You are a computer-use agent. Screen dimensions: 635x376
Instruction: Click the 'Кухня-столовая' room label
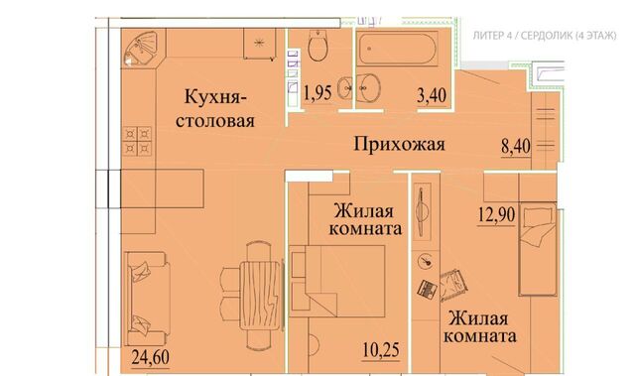[215, 108]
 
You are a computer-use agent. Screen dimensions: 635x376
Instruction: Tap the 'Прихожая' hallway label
[399, 144]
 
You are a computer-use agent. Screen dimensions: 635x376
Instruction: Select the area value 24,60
[151, 357]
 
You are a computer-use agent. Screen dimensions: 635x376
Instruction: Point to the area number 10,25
[381, 350]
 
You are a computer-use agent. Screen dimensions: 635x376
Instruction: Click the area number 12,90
[496, 214]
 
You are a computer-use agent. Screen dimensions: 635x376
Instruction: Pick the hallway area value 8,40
[516, 146]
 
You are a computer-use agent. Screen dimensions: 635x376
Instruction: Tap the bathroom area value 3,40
[432, 96]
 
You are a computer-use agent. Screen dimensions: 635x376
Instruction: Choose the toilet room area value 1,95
[317, 93]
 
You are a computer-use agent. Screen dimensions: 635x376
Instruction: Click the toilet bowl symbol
[317, 46]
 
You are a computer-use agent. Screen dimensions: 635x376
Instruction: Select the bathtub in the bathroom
[398, 49]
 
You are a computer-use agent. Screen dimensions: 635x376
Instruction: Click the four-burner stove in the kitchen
[138, 141]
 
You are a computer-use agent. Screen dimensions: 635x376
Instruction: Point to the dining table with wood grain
[260, 296]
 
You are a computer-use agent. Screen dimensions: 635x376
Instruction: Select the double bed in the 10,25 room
[337, 282]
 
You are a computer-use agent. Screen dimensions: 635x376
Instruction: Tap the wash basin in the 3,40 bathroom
[369, 87]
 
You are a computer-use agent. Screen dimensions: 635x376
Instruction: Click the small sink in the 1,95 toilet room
[344, 87]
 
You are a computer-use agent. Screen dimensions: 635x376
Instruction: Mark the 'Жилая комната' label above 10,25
[365, 220]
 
